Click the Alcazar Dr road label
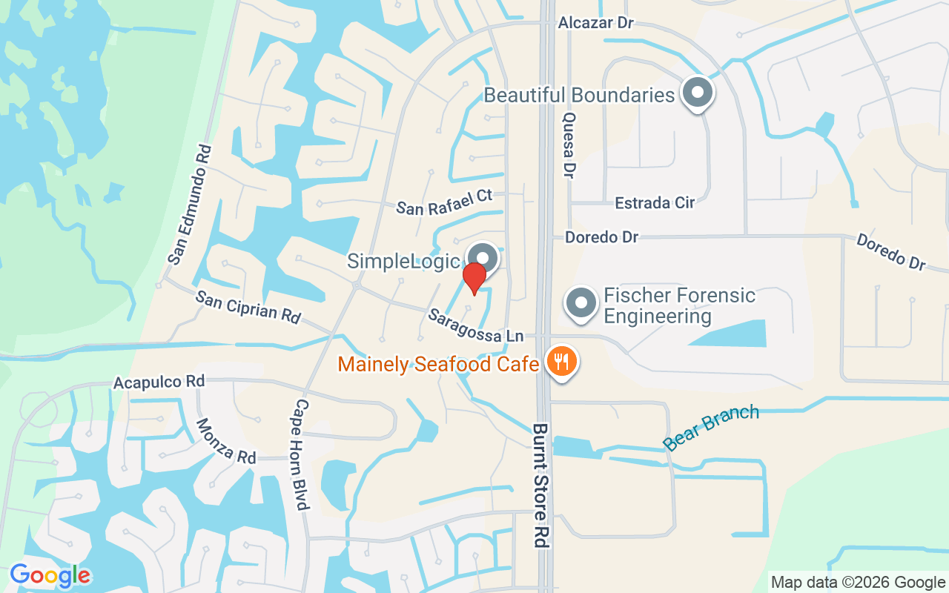click(x=596, y=23)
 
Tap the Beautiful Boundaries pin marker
click(x=697, y=93)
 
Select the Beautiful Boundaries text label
click(x=579, y=95)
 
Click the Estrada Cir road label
click(x=655, y=202)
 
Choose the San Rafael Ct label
click(x=444, y=202)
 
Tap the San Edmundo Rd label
click(x=190, y=205)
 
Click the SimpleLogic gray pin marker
click(x=483, y=258)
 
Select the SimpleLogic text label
click(x=403, y=262)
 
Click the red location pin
click(x=474, y=277)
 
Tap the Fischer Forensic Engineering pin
click(x=581, y=303)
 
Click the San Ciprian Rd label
click(x=248, y=306)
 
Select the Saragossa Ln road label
click(x=475, y=325)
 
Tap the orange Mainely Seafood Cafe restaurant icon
click(x=562, y=362)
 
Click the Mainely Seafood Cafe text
click(x=437, y=364)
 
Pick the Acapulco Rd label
click(x=159, y=382)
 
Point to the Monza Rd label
click(x=225, y=442)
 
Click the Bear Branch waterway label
click(x=711, y=428)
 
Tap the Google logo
click(x=50, y=575)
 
